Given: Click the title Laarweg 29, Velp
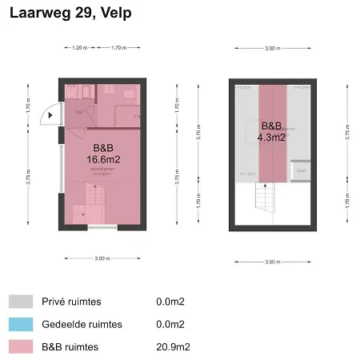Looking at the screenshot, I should (71, 14).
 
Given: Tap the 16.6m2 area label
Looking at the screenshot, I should (103, 160).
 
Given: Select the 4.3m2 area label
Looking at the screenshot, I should (272, 137).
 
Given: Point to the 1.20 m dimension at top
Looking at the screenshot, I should (78, 48).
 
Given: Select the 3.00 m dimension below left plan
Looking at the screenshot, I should (101, 259).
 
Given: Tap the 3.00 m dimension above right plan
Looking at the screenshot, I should (272, 48).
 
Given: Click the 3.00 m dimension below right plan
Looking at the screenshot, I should (272, 262).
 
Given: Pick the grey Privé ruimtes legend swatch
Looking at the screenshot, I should (21, 302).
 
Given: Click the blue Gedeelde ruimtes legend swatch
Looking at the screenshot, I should (21, 324).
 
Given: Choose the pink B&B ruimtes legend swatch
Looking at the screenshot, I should (21, 346).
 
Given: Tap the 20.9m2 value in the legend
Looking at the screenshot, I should (170, 346).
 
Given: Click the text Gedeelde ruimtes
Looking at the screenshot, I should (83, 324).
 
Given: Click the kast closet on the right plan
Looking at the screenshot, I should (301, 170).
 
